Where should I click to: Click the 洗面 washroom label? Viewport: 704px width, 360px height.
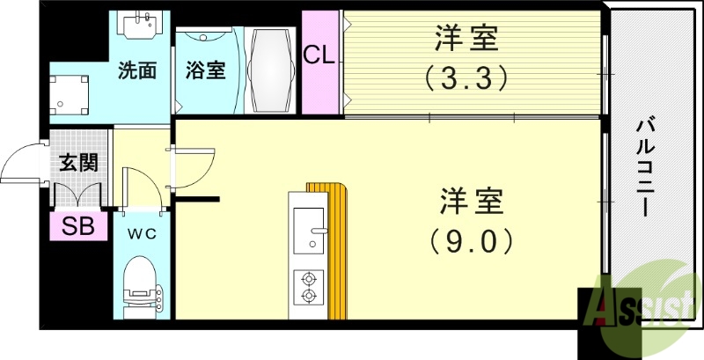coord(137,71)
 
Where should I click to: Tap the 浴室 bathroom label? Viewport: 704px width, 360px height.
coord(205,71)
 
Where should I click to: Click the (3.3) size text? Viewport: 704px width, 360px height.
coord(466,78)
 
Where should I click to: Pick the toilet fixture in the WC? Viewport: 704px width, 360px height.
coord(141,286)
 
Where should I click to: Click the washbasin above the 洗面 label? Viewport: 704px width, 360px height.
coord(138,27)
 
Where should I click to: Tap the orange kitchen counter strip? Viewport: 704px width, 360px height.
coord(339,251)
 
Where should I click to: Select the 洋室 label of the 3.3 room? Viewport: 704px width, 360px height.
coord(466,40)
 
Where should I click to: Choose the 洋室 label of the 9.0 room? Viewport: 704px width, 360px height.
coord(471,200)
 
